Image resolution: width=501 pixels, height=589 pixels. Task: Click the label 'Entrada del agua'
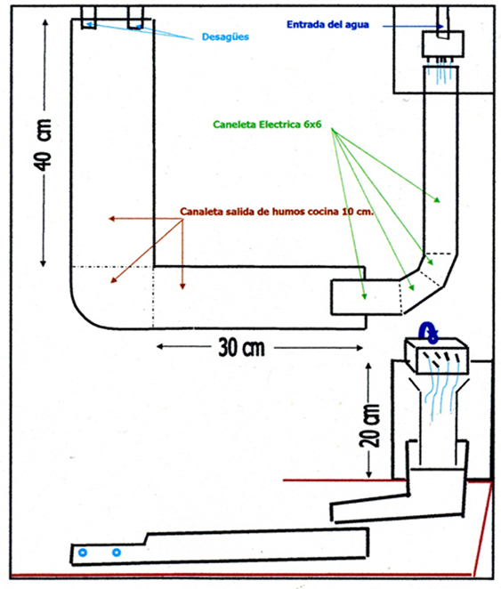click(327, 25)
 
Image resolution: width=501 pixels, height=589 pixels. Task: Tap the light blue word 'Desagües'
click(225, 36)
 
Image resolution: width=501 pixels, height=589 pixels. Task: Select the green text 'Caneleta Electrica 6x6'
click(267, 125)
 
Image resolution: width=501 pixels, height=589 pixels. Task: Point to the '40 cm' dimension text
click(44, 145)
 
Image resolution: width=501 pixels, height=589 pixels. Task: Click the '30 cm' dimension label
click(241, 348)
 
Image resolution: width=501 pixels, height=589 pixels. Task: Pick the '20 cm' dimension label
click(370, 425)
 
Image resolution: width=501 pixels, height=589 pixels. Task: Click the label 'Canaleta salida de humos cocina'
click(259, 212)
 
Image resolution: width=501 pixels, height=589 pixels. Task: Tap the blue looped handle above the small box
click(429, 333)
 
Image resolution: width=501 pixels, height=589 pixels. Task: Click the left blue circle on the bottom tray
click(83, 553)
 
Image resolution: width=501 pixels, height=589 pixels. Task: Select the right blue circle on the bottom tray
click(117, 553)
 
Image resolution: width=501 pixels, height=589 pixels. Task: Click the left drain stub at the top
click(89, 17)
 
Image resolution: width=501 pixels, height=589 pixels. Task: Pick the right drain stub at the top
click(135, 17)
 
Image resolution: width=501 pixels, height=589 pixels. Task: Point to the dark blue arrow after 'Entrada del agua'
click(413, 26)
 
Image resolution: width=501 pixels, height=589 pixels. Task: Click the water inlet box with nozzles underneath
click(443, 44)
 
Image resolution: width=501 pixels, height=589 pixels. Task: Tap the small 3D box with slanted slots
click(436, 356)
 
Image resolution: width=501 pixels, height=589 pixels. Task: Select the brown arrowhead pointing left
click(111, 219)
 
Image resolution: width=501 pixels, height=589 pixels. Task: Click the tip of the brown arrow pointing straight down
click(182, 289)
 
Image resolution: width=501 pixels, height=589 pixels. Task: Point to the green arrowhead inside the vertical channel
click(437, 200)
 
